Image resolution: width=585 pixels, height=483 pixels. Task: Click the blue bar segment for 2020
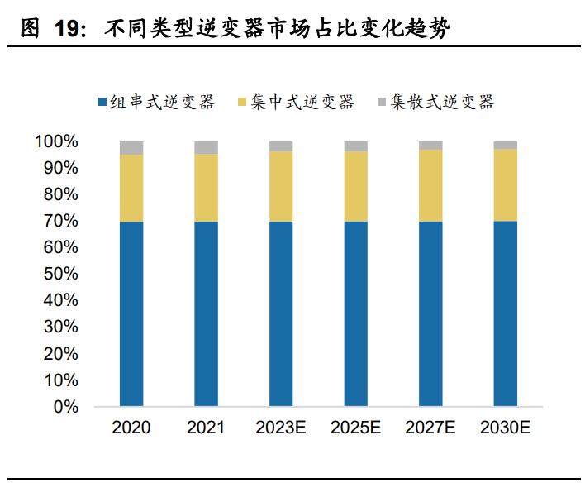(x=131, y=314)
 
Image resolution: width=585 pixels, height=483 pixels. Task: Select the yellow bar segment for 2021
(x=206, y=188)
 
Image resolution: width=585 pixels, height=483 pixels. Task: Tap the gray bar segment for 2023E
(x=281, y=146)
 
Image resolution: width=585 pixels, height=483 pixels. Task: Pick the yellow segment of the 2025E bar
(x=355, y=186)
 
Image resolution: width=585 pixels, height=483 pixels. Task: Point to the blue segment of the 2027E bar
(x=430, y=314)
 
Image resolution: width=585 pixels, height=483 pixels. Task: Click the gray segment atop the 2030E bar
(x=505, y=145)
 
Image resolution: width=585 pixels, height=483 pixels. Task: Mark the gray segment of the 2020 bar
(x=131, y=148)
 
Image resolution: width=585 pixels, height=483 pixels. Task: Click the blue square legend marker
(x=102, y=103)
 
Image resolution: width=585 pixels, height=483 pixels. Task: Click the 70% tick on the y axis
(x=61, y=222)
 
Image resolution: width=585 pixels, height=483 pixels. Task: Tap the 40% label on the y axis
(x=61, y=301)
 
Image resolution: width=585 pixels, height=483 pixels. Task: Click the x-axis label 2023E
(x=281, y=428)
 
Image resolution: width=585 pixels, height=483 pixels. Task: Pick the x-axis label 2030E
(x=505, y=428)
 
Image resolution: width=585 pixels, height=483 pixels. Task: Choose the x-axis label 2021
(x=206, y=428)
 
